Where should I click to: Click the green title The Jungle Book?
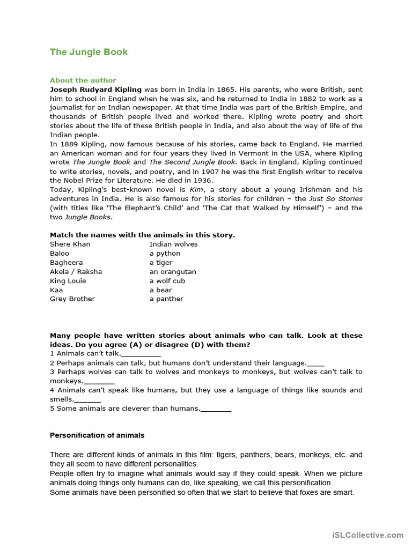pyautogui.click(x=89, y=52)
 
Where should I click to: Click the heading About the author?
pyautogui.click(x=83, y=80)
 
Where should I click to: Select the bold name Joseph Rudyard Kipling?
pyautogui.click(x=96, y=90)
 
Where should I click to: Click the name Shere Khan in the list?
pyautogui.click(x=70, y=244)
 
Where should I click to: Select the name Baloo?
pyautogui.click(x=60, y=254)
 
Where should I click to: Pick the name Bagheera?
pyautogui.click(x=67, y=263)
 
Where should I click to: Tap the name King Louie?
pyautogui.click(x=68, y=281)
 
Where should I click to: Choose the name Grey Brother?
pyautogui.click(x=72, y=299)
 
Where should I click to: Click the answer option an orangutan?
pyautogui.click(x=173, y=272)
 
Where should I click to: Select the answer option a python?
pyautogui.click(x=165, y=254)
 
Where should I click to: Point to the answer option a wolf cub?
pyautogui.click(x=167, y=281)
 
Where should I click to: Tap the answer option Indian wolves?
pyautogui.click(x=174, y=244)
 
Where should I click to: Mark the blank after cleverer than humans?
pyautogui.click(x=216, y=410)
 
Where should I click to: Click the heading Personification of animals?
pyautogui.click(x=97, y=435)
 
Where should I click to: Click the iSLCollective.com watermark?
pyautogui.click(x=367, y=535)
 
